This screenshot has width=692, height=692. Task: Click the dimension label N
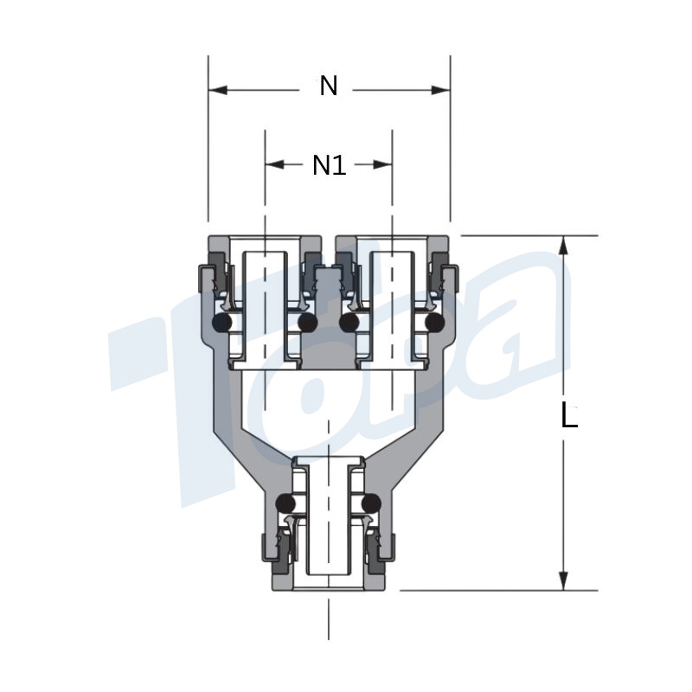point(329,86)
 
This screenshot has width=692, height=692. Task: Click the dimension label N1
point(329,164)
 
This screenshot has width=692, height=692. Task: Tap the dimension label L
point(568,417)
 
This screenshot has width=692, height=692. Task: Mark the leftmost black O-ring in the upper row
point(222,324)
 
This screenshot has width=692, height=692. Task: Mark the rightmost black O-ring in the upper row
point(434,324)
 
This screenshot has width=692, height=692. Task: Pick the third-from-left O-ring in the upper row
point(350,324)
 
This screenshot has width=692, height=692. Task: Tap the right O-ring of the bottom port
point(373,503)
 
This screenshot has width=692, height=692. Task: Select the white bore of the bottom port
point(329,528)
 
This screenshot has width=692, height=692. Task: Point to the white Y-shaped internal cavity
point(329,407)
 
